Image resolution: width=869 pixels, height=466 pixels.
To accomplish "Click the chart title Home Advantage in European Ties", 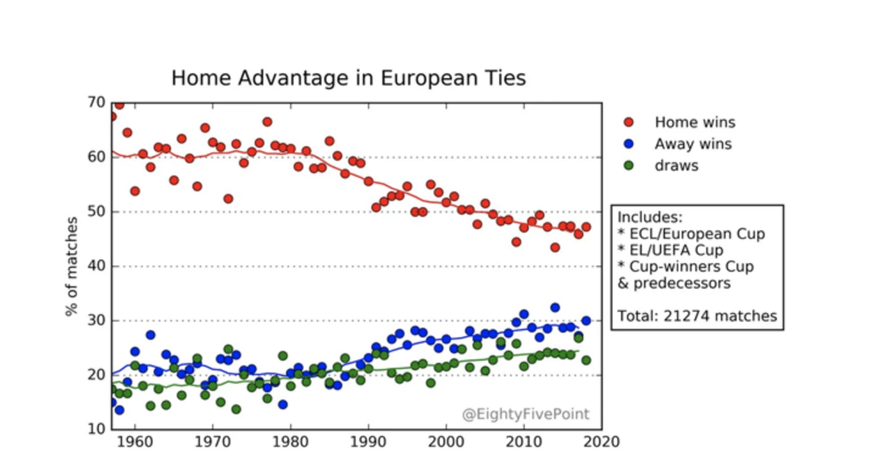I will (348, 78).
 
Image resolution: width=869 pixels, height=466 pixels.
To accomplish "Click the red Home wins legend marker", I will (629, 123).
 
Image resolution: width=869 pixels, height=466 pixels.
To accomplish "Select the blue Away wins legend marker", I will (629, 144).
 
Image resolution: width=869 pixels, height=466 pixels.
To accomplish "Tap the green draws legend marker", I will (629, 165).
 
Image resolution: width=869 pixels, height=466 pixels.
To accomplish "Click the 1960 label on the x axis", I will (135, 442).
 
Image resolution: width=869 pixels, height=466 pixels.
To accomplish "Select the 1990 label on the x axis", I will (368, 442).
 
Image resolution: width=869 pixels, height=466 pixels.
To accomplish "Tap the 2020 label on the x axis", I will (602, 442).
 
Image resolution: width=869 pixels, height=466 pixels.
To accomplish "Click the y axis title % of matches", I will (72, 266).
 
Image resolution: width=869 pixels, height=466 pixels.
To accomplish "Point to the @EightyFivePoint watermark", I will (526, 414).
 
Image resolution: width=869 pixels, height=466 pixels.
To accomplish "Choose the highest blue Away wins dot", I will (555, 308).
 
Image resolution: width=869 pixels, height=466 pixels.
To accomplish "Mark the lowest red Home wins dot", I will (555, 247).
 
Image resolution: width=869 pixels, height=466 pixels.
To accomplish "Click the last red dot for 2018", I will (586, 227).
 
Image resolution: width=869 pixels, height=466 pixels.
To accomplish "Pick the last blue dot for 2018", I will (586, 321).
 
